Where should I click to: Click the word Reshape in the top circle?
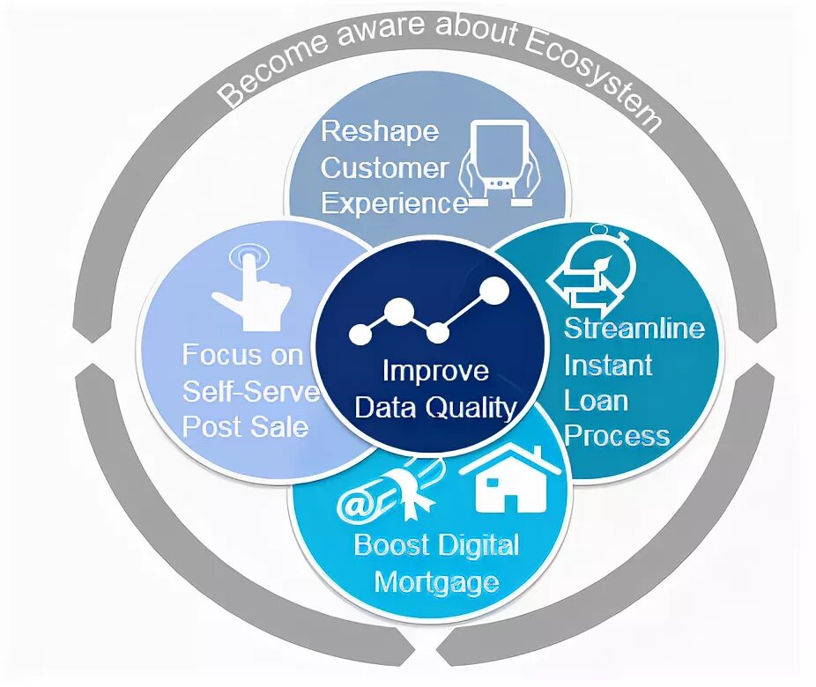[380, 132]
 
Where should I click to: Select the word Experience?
[394, 203]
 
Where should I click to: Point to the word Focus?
[222, 356]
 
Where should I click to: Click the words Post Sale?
[245, 427]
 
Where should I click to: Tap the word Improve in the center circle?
[435, 370]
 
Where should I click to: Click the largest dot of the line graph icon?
[495, 290]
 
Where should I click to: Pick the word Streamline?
[634, 329]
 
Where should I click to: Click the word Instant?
[608, 365]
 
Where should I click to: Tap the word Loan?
[597, 401]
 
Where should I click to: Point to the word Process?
[617, 436]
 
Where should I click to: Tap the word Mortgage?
[436, 582]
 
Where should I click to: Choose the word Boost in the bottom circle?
[389, 545]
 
